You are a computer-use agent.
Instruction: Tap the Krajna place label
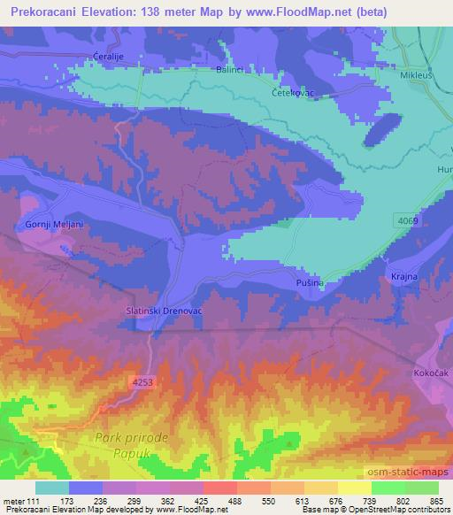click(404, 277)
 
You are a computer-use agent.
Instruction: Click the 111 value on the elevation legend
click(34, 502)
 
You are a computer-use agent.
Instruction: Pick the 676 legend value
click(325, 502)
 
